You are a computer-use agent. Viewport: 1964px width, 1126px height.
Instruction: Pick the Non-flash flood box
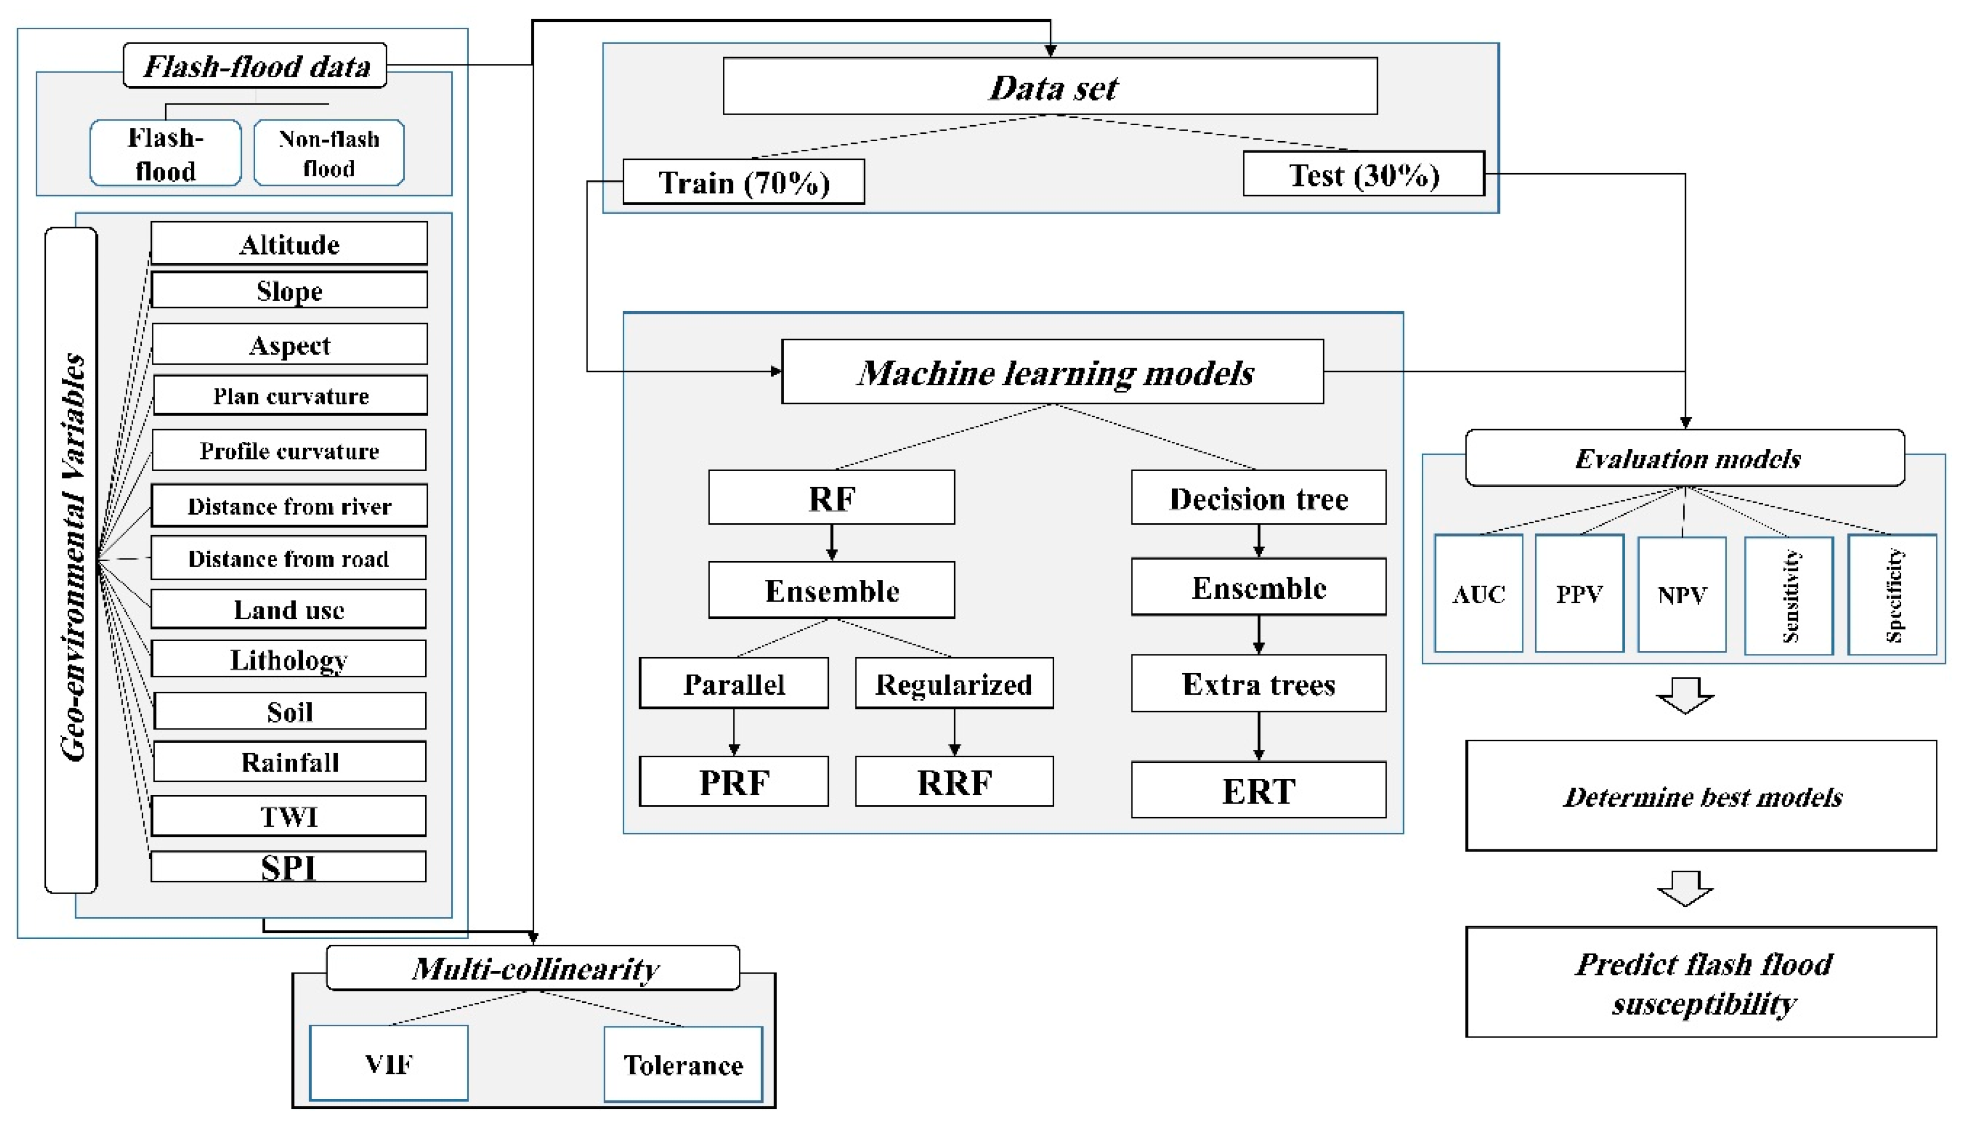(x=329, y=152)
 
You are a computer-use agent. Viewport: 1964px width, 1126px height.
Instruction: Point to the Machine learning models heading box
(x=1052, y=372)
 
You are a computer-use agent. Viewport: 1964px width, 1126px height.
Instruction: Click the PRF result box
(x=733, y=782)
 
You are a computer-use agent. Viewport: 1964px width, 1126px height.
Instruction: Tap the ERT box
(x=1258, y=790)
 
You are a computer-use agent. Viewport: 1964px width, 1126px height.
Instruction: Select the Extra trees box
(x=1258, y=684)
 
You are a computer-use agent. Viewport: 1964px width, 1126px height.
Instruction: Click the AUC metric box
(x=1477, y=594)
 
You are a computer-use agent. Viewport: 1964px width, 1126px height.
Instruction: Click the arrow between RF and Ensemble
(x=831, y=543)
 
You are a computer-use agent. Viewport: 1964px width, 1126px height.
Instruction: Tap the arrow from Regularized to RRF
(x=954, y=732)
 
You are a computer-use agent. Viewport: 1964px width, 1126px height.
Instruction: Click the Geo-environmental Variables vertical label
(x=72, y=558)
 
